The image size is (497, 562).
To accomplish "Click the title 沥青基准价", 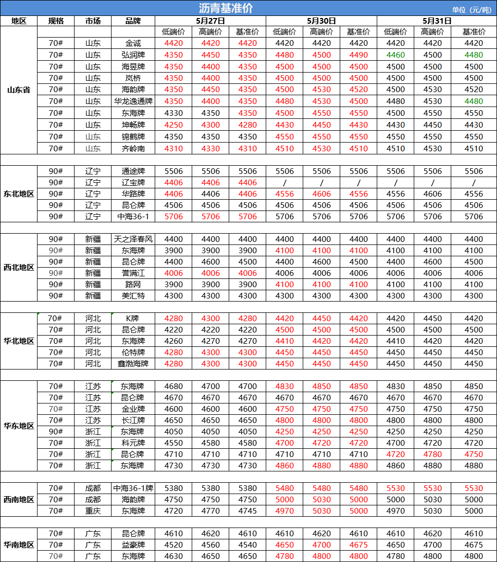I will point(226,8).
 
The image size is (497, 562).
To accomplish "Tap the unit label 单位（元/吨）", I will point(471,10).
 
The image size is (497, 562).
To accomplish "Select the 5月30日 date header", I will point(321,21).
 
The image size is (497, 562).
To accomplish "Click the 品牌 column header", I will point(133,21).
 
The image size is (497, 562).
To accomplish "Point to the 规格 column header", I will point(56,21).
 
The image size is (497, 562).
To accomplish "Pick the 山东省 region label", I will point(19,90).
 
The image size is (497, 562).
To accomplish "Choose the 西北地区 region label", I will point(19,268).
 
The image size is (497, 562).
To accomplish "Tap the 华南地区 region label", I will point(19,545).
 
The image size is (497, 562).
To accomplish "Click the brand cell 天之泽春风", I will point(133,239).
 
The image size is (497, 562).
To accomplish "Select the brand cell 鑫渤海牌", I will point(133,364).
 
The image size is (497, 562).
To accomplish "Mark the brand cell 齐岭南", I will point(133,149).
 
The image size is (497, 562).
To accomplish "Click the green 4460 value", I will point(395,55).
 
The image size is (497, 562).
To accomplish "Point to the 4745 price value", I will point(247,511).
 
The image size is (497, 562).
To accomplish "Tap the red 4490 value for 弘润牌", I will point(358,55).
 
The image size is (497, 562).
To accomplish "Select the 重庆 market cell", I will point(93,511).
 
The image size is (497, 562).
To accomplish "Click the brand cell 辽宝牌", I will point(133,183).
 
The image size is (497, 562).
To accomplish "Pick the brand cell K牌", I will point(133,319).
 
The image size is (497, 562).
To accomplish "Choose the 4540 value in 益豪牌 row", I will point(247,545).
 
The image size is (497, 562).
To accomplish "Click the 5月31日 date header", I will point(437,21).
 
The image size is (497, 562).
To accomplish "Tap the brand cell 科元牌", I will point(133,443).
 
